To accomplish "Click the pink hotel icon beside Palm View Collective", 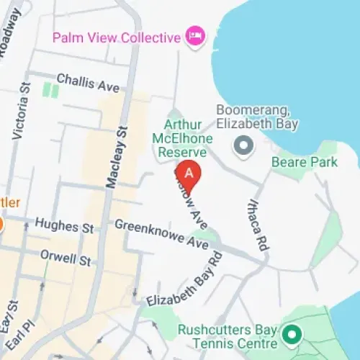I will [x=194, y=36].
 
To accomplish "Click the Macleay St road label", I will [x=116, y=156].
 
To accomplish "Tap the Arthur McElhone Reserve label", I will [x=179, y=137].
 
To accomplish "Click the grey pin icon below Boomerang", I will [x=244, y=145].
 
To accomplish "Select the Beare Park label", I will [x=304, y=162].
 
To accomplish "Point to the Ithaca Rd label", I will [x=258, y=225].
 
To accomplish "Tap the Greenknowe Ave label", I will [x=161, y=235].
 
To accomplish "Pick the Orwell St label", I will [x=65, y=257].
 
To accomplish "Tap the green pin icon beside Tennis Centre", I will [x=292, y=335].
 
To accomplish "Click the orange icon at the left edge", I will [x=2, y=225].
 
